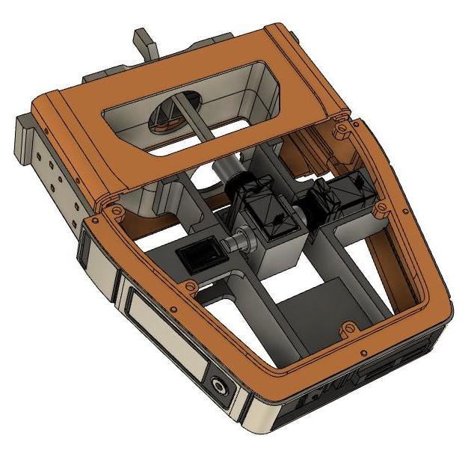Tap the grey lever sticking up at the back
[x=145, y=45]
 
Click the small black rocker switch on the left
[x=199, y=256]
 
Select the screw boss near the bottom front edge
[x=347, y=328]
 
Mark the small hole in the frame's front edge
[x=363, y=351]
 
